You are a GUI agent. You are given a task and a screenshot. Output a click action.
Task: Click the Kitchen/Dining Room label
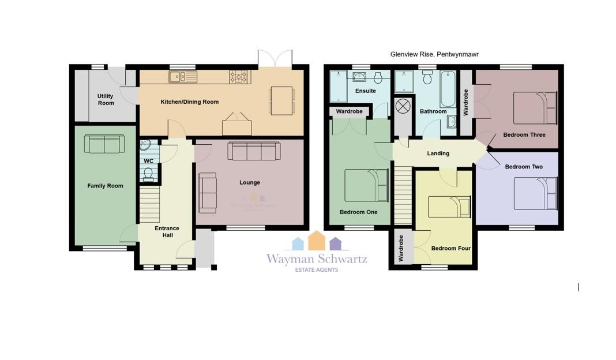[189, 102]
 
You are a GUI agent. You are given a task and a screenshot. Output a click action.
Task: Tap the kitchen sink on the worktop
[183, 77]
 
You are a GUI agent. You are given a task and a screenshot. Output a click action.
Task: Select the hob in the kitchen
[239, 77]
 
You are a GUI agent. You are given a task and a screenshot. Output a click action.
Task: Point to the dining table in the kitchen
[281, 100]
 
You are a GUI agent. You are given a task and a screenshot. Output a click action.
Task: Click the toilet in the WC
[148, 174]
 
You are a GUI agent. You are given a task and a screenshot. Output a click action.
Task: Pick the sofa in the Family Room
[104, 144]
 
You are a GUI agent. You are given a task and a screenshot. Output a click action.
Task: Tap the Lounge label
[250, 182]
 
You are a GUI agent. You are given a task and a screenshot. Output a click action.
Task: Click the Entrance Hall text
[167, 231]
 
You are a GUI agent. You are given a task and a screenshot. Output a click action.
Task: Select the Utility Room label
[106, 99]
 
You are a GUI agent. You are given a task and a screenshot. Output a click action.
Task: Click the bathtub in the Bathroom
[448, 89]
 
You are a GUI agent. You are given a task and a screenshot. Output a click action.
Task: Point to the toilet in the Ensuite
[378, 77]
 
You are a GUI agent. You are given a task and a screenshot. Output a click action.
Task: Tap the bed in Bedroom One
[366, 185]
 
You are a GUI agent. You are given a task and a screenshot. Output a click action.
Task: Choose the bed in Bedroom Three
[535, 108]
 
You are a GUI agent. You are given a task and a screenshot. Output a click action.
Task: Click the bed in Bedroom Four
[449, 207]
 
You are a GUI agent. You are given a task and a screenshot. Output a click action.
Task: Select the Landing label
[438, 153]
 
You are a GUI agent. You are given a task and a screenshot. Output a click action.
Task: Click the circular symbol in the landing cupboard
[403, 106]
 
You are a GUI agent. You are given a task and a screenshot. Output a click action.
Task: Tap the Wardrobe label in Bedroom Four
[401, 249]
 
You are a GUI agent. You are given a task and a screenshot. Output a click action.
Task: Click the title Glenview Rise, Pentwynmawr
[434, 54]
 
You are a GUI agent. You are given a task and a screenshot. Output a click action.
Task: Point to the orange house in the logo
[317, 241]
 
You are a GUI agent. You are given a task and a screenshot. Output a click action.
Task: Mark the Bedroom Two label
[524, 167]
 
